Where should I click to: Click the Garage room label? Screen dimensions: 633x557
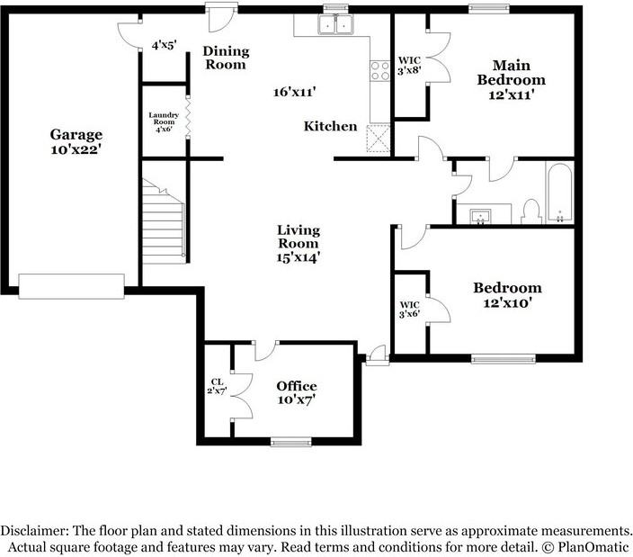pyautogui.click(x=76, y=134)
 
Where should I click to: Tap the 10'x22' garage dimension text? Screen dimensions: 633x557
pyautogui.click(x=76, y=149)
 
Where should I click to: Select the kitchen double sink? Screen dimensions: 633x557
pyautogui.click(x=336, y=24)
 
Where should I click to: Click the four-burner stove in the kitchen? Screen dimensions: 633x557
pyautogui.click(x=379, y=71)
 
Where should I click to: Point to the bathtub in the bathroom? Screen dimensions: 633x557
pyautogui.click(x=559, y=193)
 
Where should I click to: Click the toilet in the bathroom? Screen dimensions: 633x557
pyautogui.click(x=531, y=211)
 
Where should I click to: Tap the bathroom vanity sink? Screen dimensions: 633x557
pyautogui.click(x=480, y=216)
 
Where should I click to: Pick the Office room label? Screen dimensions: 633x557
pyautogui.click(x=297, y=386)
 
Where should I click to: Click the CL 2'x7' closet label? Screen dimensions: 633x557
pyautogui.click(x=218, y=386)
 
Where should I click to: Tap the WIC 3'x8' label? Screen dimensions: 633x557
pyautogui.click(x=409, y=66)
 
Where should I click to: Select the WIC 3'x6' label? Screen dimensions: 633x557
pyautogui.click(x=409, y=309)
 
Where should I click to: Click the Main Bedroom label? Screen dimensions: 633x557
pyautogui.click(x=511, y=72)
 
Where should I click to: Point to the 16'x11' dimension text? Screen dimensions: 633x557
pyautogui.click(x=294, y=92)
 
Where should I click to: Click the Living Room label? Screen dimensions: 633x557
pyautogui.click(x=299, y=237)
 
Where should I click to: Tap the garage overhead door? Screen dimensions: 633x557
pyautogui.click(x=71, y=286)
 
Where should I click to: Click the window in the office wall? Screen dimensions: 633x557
pyautogui.click(x=291, y=442)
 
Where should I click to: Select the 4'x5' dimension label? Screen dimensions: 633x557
pyautogui.click(x=165, y=45)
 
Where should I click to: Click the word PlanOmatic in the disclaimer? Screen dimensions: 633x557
pyautogui.click(x=593, y=547)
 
